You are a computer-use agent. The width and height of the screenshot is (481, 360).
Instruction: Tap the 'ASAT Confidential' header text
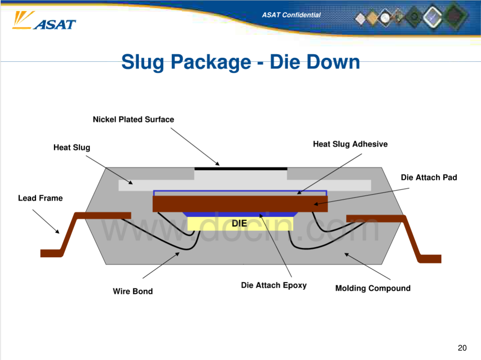(x=291, y=15)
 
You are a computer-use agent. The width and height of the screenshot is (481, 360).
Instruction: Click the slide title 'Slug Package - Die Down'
(x=240, y=62)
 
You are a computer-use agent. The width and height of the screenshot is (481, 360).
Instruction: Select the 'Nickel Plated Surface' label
(x=134, y=119)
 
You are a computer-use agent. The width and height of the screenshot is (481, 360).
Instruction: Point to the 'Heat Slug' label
(x=72, y=148)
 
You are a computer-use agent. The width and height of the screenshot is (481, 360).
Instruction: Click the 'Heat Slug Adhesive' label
(x=351, y=144)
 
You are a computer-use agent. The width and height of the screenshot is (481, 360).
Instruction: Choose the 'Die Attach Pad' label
(x=429, y=178)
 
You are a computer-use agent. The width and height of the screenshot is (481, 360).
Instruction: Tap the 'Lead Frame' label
(x=40, y=198)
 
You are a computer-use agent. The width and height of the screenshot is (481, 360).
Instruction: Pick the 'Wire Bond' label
(x=133, y=291)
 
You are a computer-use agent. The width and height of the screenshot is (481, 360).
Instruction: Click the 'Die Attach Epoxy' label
(x=273, y=285)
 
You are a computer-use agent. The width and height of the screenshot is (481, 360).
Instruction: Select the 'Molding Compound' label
(x=373, y=288)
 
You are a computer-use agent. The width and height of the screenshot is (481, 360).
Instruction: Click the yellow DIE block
(x=240, y=223)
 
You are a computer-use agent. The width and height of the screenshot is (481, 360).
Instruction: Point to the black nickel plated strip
(x=241, y=169)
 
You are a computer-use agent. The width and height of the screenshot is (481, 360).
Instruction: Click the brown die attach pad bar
(x=240, y=204)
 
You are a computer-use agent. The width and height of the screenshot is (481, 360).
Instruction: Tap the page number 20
(x=462, y=348)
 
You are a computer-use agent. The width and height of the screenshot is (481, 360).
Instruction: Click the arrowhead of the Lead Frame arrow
(x=58, y=232)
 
